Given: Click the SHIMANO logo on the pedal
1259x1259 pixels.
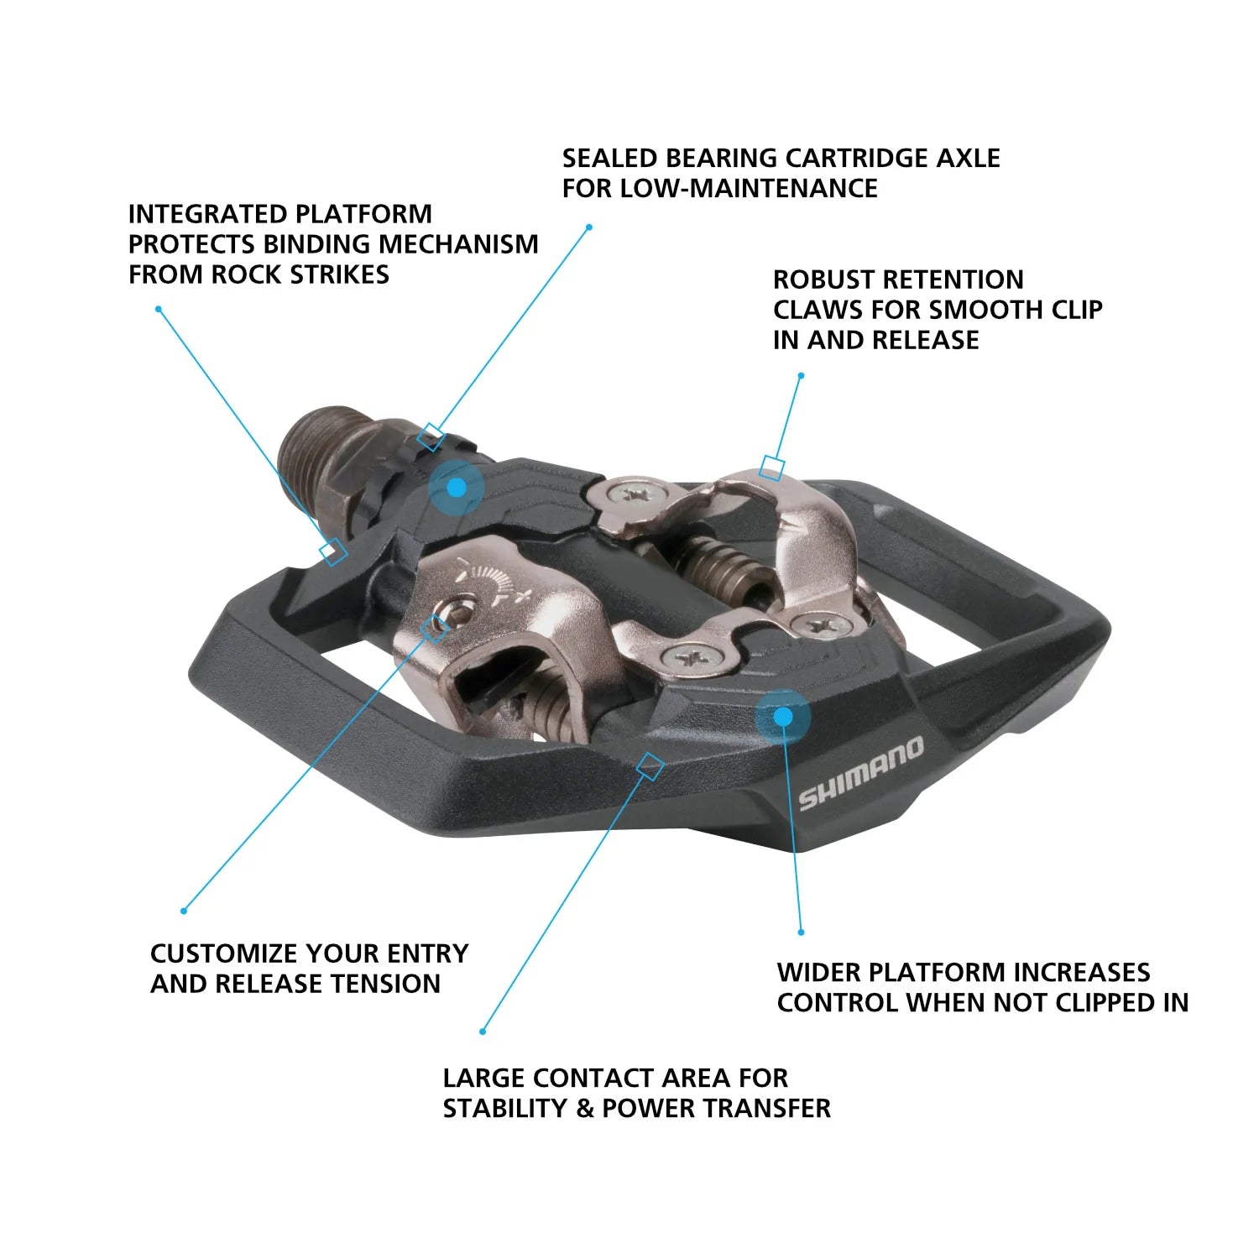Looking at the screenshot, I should pos(861,774).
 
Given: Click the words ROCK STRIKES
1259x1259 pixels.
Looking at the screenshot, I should pos(300,274).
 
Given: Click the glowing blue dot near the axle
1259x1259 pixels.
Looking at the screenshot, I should pos(456,488).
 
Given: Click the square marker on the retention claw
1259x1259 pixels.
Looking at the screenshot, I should pos(772,468).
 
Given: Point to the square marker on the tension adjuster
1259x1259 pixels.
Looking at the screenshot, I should pos(434,628).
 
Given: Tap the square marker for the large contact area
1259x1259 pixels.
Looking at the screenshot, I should pos(651,765).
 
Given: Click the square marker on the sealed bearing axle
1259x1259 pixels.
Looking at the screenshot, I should pos(431,436).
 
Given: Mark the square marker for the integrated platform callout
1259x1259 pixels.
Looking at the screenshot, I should pos(333,551).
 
